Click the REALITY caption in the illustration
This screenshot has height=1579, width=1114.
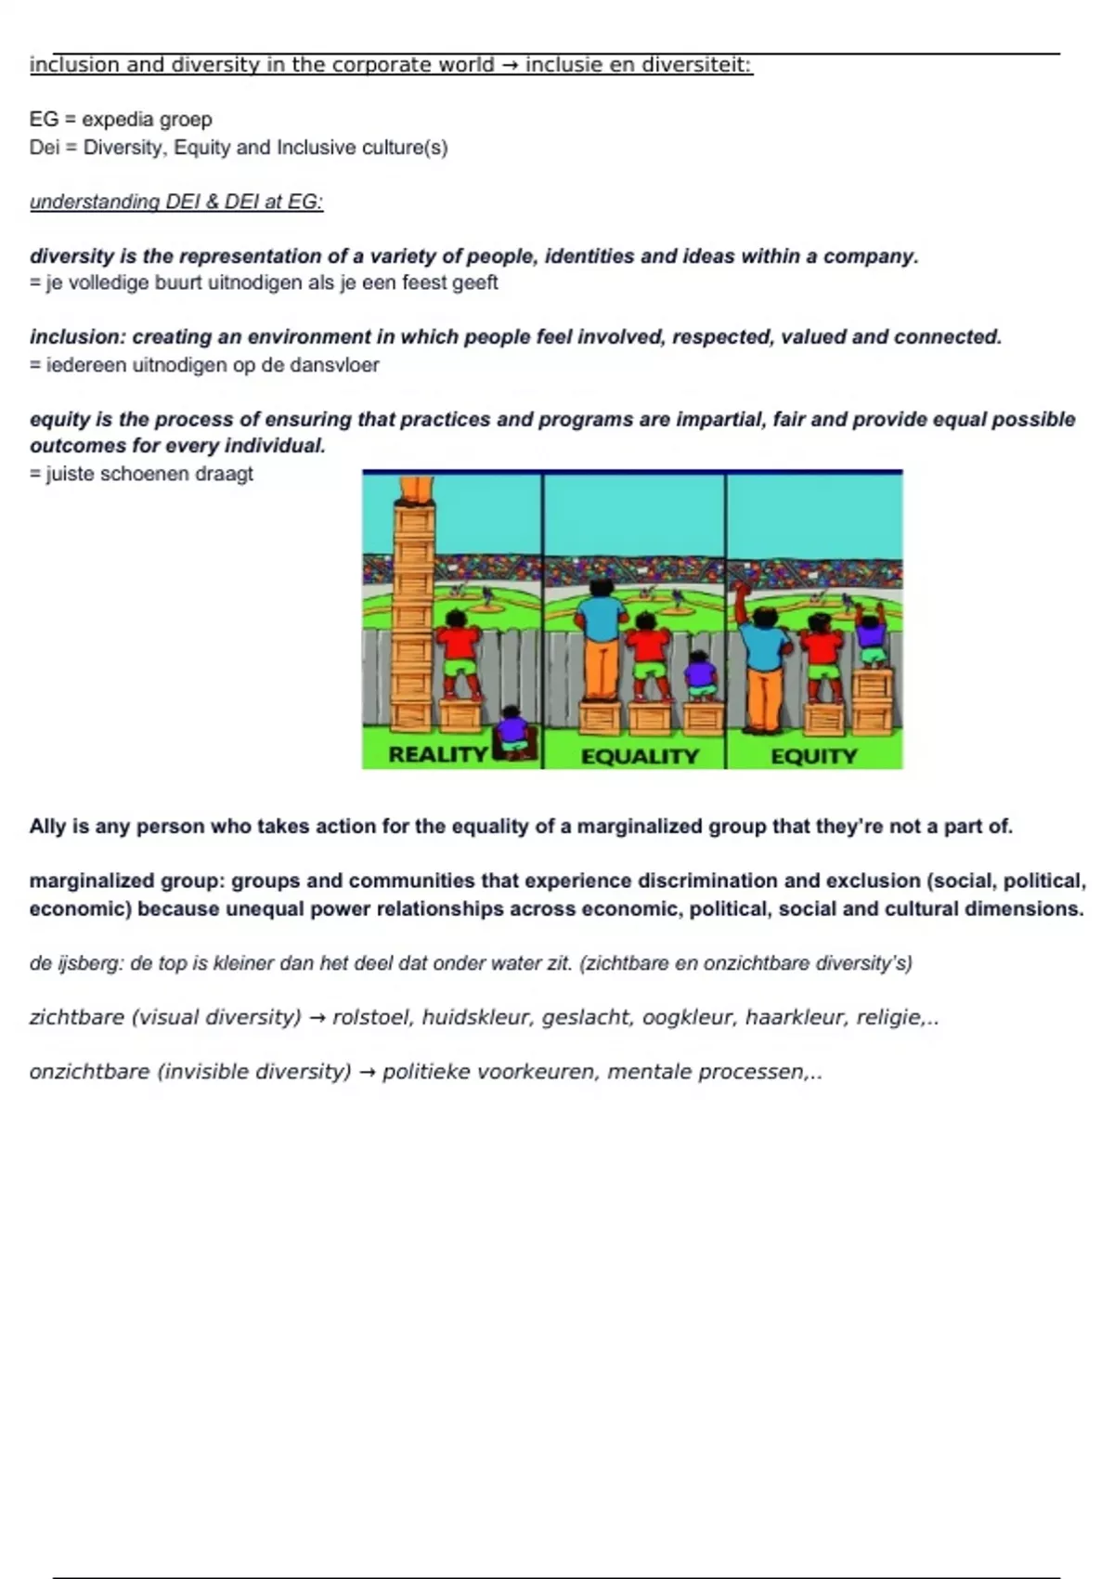coord(437,754)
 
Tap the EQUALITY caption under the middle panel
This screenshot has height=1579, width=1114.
coord(640,756)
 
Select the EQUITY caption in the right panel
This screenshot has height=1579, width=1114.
coord(814,756)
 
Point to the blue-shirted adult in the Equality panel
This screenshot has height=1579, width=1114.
coord(601,641)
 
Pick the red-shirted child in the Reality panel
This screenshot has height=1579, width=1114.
coord(458,650)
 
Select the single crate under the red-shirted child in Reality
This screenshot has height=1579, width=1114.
coord(460,716)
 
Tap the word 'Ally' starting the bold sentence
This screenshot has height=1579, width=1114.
coord(47,827)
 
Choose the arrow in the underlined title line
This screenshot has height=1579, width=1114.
coord(510,65)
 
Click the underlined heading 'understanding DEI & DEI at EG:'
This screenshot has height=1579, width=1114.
coord(176,202)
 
